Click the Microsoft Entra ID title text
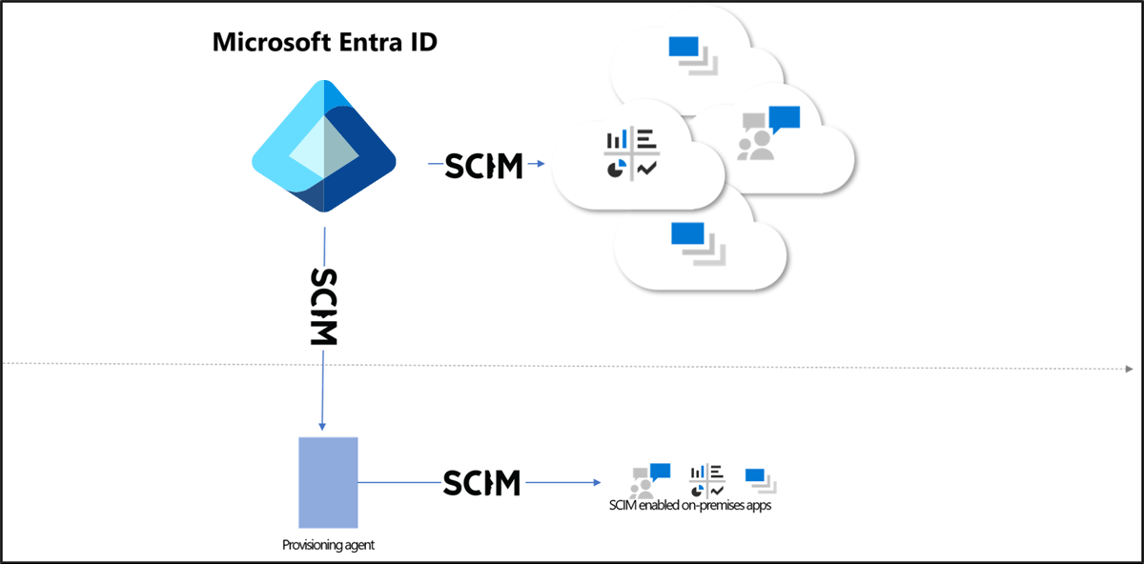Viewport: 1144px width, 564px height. point(324,43)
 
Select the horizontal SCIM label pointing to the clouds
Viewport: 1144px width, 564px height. point(484,165)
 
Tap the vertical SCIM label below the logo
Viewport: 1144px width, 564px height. point(324,307)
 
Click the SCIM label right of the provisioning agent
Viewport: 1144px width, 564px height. point(482,482)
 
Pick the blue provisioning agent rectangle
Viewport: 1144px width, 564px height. point(328,482)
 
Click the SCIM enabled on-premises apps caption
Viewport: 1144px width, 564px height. point(689,506)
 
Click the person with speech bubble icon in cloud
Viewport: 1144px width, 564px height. point(767,132)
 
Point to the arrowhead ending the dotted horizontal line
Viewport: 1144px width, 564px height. point(1129,368)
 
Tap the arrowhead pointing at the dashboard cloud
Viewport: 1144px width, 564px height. point(541,165)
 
